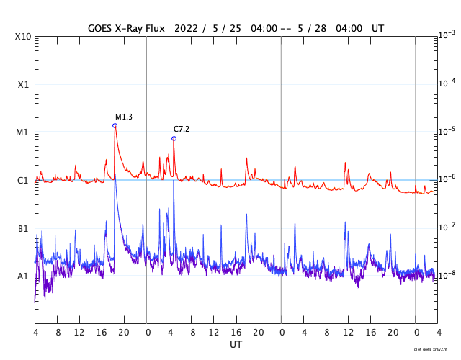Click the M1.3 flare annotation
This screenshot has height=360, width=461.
tap(124, 117)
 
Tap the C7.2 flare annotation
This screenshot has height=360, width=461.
tap(181, 129)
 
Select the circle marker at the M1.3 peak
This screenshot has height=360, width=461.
tap(115, 126)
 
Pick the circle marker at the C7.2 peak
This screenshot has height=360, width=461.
tap(174, 138)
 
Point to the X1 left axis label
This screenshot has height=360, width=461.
tap(23, 84)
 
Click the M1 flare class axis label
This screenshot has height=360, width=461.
tap(23, 132)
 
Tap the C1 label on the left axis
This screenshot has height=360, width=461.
tap(23, 180)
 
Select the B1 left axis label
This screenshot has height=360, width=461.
tap(23, 228)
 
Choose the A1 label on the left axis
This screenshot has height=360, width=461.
tap(23, 276)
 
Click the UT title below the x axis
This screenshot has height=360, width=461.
tap(236, 345)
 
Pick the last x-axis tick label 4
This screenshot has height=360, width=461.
tap(438, 333)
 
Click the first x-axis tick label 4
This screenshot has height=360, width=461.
tap(35, 333)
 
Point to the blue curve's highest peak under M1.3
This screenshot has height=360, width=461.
tap(115, 175)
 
